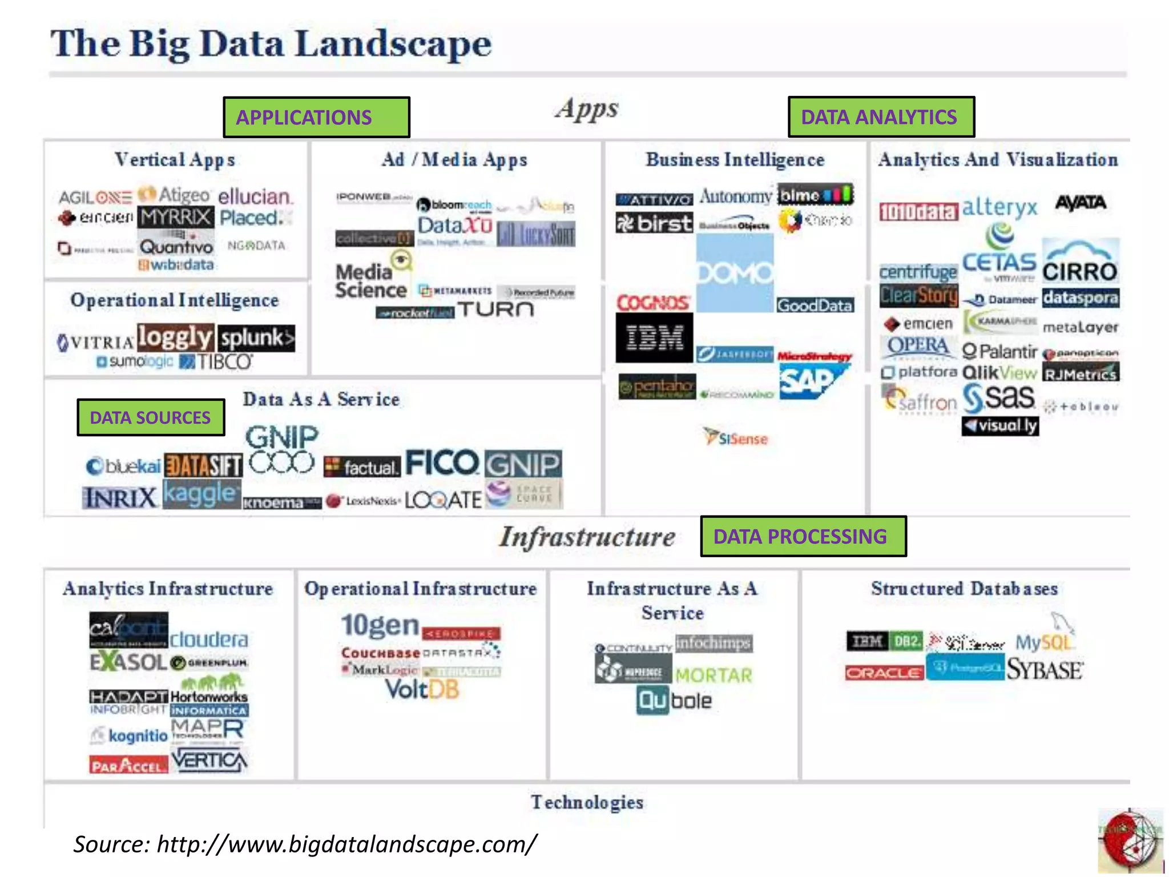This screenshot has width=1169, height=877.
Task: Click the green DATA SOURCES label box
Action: point(151,417)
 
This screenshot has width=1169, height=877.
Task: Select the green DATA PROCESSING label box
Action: point(803,536)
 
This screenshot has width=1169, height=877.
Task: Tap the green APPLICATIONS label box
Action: point(316,117)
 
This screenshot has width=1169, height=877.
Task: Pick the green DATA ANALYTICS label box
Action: point(881,117)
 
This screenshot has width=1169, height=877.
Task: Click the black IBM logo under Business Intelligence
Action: point(654,337)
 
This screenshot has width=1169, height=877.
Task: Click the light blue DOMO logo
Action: point(735,273)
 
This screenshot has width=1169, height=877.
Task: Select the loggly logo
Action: point(175,337)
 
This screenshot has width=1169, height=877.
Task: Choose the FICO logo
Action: point(442,463)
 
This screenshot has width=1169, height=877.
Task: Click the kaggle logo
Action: point(200,494)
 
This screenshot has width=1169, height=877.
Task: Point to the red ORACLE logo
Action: point(884,673)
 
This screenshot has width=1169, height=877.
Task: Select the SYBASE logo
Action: point(1044,670)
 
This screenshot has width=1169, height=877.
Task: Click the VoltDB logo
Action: point(422,690)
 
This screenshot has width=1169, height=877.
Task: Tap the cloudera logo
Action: point(209,639)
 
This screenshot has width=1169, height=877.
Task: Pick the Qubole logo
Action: point(674,701)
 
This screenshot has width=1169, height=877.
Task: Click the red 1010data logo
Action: point(918,212)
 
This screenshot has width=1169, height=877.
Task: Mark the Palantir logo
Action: point(999,351)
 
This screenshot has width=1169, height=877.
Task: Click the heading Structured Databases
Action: point(964,589)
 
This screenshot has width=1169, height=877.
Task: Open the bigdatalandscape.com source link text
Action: point(346,844)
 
